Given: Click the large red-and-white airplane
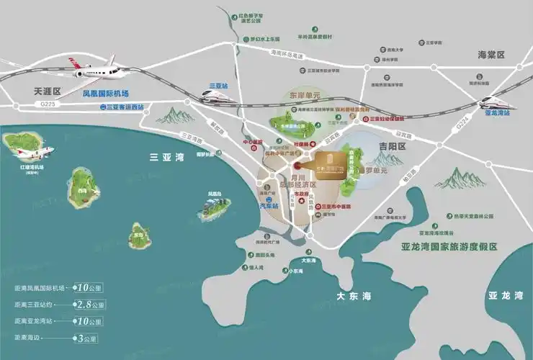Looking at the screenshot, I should coord(97,68).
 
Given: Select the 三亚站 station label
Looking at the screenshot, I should coord(218,86).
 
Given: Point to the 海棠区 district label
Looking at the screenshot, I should coord(493,55).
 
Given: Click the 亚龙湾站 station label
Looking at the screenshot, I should coord(496,113).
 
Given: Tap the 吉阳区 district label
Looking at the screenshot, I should coord(388,146).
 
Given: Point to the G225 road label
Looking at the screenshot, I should coord(45,107).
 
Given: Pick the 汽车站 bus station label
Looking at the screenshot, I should coord(269,207).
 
